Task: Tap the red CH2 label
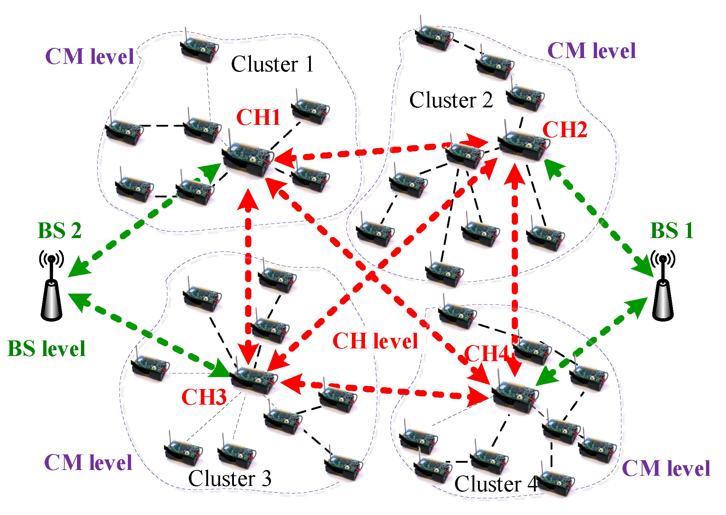coord(565,130)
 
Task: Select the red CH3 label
coord(204,397)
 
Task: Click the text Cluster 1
coord(272,64)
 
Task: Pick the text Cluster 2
coord(451,100)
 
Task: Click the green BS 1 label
coord(672,230)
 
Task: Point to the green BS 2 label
coord(60,230)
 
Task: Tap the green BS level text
coord(46,349)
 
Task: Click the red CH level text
coord(375,341)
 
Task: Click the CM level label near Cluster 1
coord(90,57)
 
